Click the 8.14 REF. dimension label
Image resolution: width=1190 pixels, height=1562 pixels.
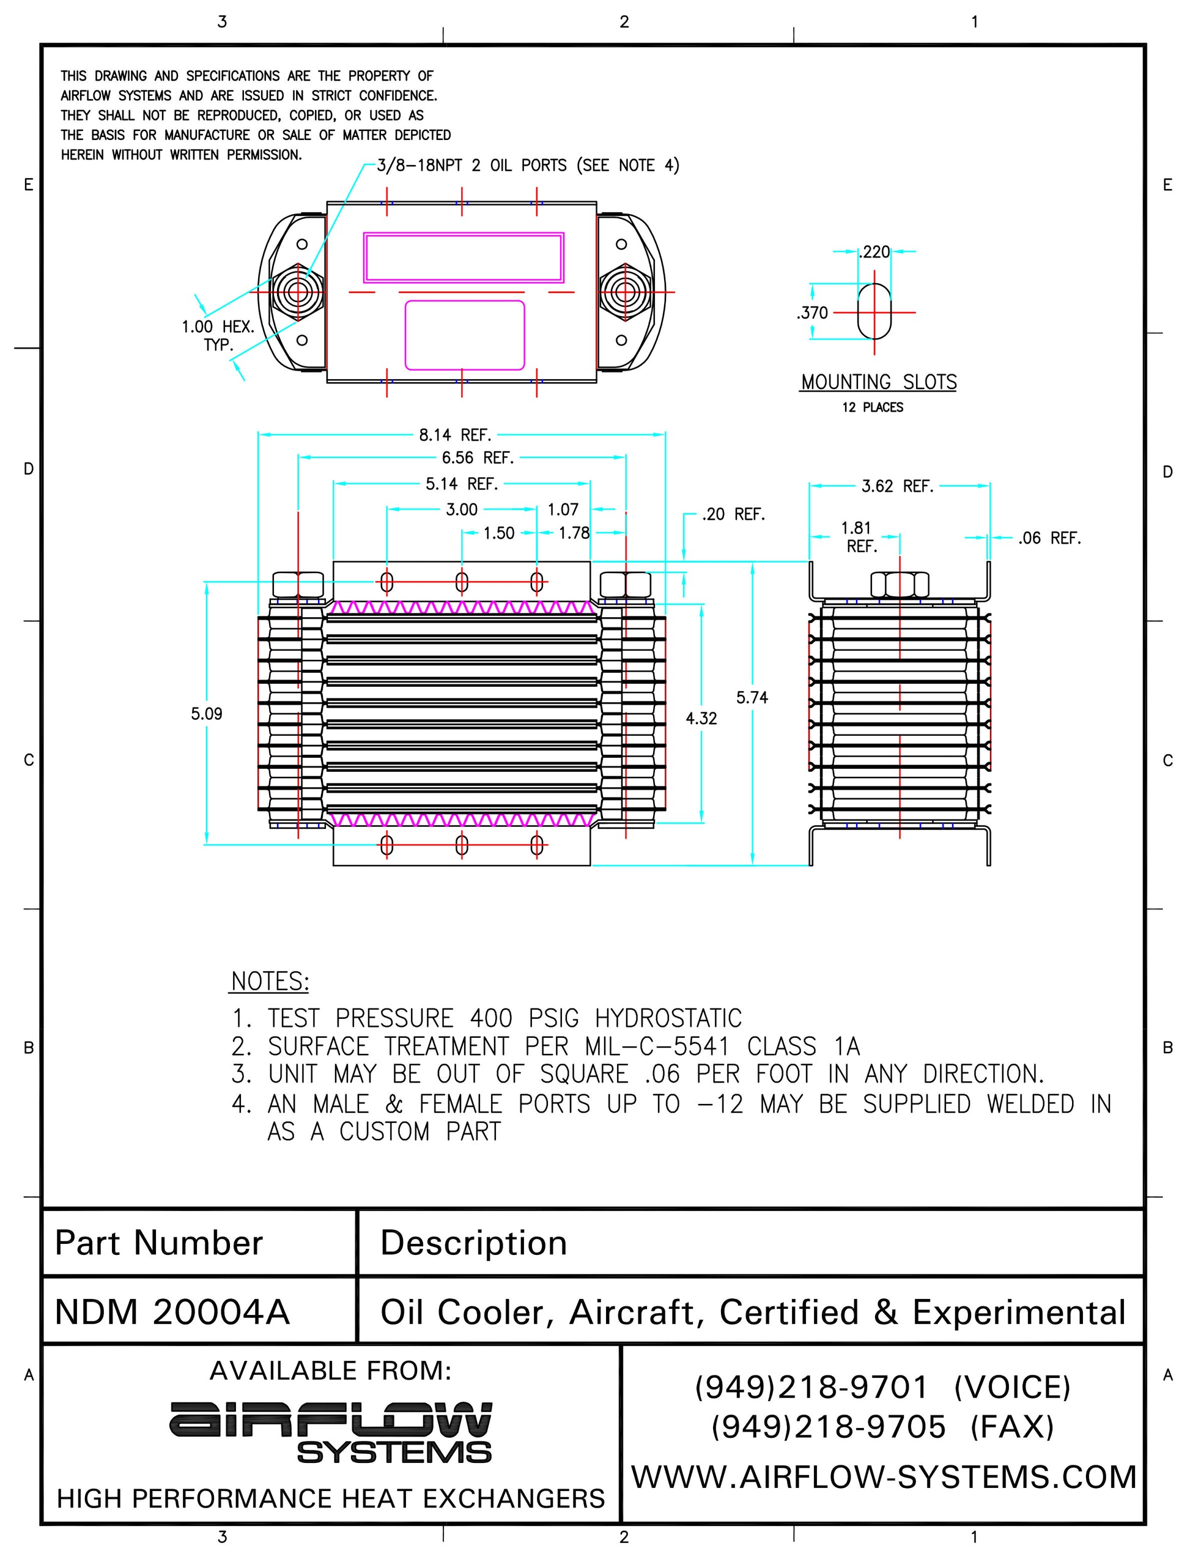[x=455, y=434]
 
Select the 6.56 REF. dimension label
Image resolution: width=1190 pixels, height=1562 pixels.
[x=478, y=457]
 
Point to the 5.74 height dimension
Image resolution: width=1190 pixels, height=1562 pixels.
[x=752, y=698]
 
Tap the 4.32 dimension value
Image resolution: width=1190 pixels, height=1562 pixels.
[x=701, y=718]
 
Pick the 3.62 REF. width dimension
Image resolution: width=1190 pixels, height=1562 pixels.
[x=898, y=486]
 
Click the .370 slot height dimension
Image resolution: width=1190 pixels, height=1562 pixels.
[x=813, y=313]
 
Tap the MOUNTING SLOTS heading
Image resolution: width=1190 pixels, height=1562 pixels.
[x=878, y=382]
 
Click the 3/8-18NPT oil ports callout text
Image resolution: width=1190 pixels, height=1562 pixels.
[x=528, y=166]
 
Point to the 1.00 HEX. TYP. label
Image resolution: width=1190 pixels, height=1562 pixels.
[x=218, y=336]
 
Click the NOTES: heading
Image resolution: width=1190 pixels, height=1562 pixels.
[x=270, y=981]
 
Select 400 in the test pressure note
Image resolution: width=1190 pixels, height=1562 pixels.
[x=491, y=1019]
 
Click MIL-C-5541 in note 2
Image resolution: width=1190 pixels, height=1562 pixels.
[x=657, y=1046]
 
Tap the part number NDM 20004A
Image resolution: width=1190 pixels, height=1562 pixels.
[x=172, y=1312]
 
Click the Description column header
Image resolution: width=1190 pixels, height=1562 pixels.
[x=473, y=1243]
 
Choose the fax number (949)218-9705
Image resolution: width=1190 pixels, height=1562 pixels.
[x=828, y=1427]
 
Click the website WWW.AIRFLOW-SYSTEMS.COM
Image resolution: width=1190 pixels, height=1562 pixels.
[x=883, y=1477]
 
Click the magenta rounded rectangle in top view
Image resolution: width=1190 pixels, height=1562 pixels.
[x=465, y=335]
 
